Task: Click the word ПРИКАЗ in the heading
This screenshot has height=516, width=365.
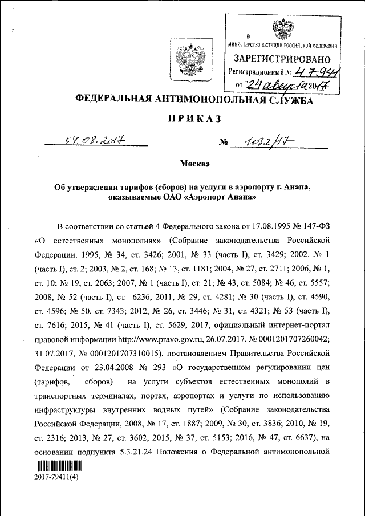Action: [x=194, y=120]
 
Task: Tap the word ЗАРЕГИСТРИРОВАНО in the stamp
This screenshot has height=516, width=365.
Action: [x=281, y=59]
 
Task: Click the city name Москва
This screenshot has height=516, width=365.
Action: [x=194, y=165]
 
